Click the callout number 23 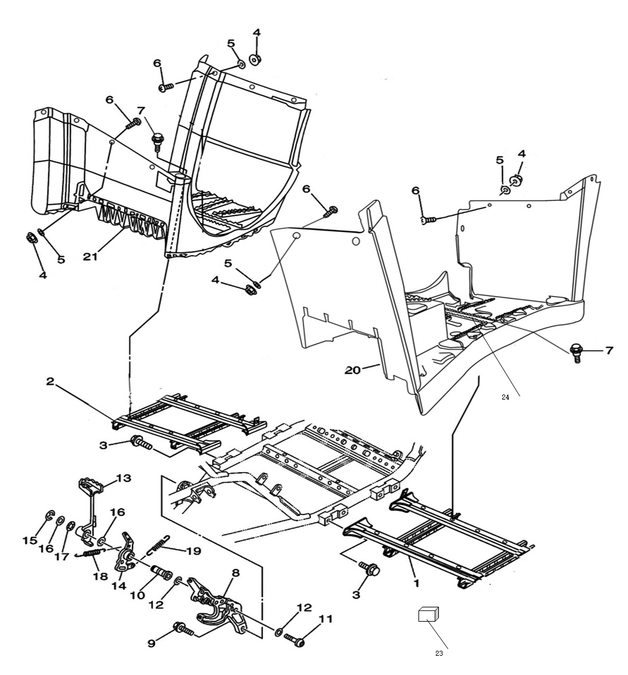439,653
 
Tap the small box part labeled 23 428,614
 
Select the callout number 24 505,397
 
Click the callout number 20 353,370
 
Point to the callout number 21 91,257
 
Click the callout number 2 50,382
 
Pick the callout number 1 416,583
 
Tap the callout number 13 123,478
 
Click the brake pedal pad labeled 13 91,485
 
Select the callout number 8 236,573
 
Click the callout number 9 151,643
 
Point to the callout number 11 325,619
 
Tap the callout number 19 194,550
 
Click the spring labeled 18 91,553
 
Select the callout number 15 30,540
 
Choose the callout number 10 137,596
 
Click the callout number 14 118,586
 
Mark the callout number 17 61,556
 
